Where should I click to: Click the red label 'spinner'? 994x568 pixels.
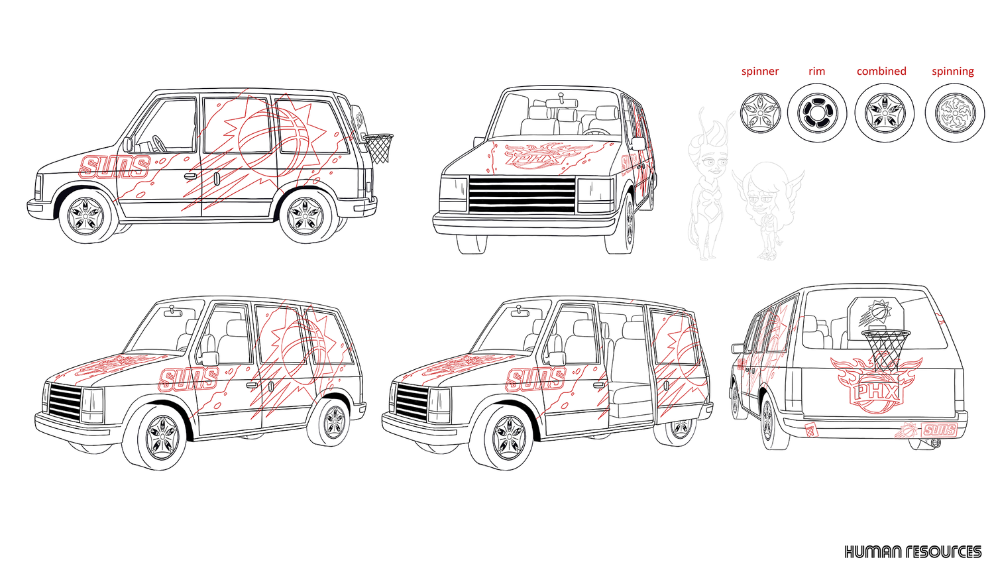point(760,72)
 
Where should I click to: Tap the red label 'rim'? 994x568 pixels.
point(817,72)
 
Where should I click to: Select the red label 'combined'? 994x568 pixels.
point(881,72)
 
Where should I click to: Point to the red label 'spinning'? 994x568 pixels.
point(953,72)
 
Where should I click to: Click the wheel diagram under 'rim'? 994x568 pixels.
point(818,113)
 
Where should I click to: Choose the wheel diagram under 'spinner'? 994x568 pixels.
point(760,113)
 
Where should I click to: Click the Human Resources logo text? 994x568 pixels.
point(912,551)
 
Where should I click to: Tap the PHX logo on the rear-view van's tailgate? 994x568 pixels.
point(876,391)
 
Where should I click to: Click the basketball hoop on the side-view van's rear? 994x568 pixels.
point(379,147)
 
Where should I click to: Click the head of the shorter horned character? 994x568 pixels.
point(763,188)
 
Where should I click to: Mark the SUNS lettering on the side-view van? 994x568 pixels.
point(114,167)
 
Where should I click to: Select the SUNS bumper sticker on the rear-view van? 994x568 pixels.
point(939,429)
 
